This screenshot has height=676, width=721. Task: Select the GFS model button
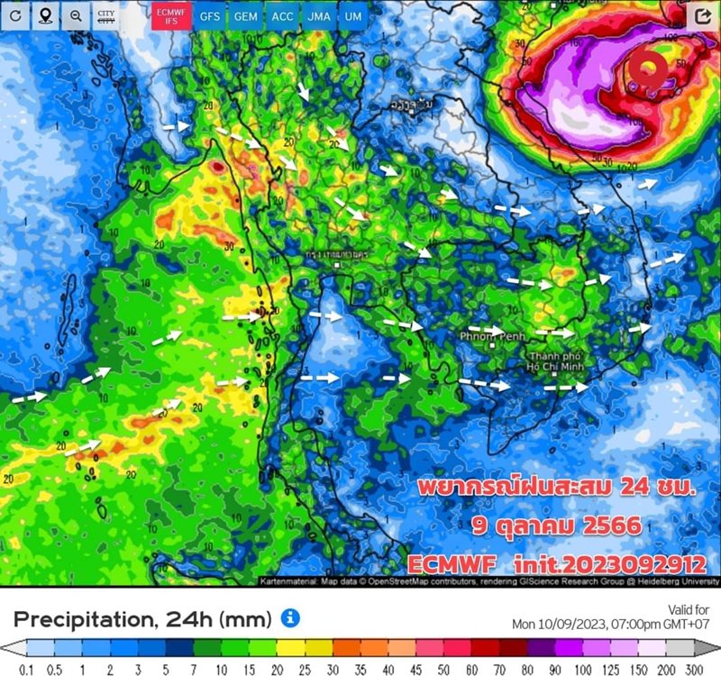pos(210,16)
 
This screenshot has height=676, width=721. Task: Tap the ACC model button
pos(281,16)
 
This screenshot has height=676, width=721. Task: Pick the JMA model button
pos(317,16)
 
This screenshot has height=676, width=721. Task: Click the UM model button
pos(353,16)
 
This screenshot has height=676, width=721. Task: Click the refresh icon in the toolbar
pos(16,16)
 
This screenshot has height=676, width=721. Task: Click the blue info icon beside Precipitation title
pos(289,617)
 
